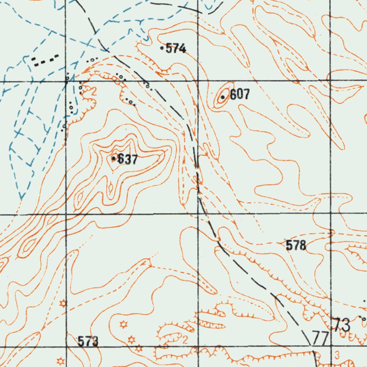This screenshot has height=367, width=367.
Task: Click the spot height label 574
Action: point(176,48)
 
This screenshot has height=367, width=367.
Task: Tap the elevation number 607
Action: point(239,95)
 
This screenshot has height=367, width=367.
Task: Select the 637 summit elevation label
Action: point(128,159)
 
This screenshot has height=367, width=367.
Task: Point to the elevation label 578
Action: point(296,246)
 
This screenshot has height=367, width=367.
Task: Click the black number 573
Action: point(88,341)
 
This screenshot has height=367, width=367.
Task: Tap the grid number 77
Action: point(320,338)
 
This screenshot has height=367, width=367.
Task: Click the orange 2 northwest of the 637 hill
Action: point(94,91)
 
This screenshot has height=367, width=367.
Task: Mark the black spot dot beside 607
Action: point(223,97)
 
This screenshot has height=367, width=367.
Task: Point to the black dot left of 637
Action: point(114,158)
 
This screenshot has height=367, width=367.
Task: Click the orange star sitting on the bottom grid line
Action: point(139,348)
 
